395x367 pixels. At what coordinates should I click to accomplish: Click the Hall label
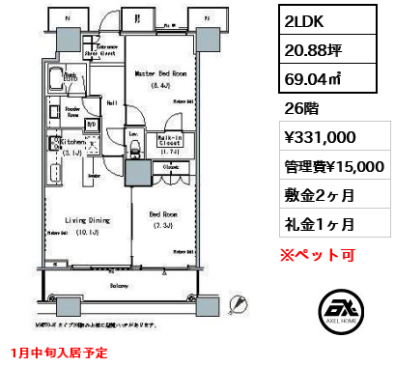(x=111, y=101)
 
